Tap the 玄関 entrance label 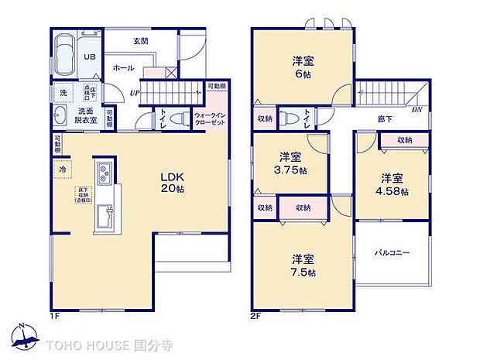coord(140,40)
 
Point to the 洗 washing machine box coord(62,93)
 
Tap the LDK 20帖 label coord(172,182)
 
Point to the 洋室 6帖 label coord(301,66)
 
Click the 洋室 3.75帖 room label coord(290,163)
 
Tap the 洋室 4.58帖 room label coord(391,185)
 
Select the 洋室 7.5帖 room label coord(303,265)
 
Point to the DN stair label coord(417,109)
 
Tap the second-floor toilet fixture coord(289,118)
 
